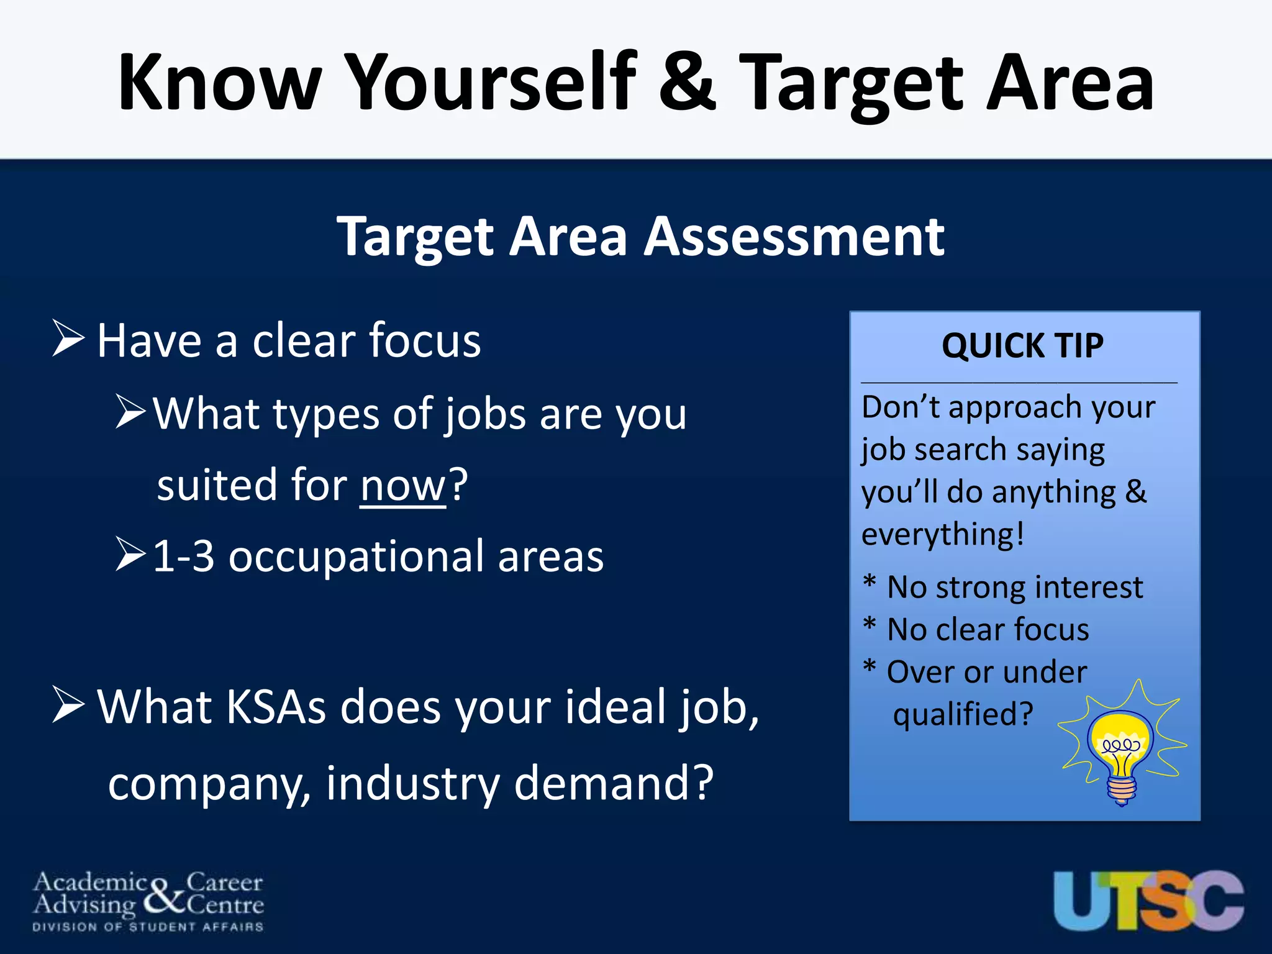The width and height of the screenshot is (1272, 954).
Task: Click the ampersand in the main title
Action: point(687,82)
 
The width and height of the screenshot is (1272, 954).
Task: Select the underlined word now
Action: point(402,485)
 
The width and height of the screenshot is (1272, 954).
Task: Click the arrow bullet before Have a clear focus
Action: point(68,338)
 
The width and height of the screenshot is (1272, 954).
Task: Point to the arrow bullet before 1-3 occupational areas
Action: point(130,555)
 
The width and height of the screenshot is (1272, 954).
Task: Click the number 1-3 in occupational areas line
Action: point(183,556)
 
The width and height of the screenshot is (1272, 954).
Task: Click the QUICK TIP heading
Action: point(1022,346)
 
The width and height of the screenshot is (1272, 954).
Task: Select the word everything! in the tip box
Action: point(942,535)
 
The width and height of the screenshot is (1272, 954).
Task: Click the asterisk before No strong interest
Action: point(870,583)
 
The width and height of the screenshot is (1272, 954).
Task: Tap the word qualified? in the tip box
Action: point(963,714)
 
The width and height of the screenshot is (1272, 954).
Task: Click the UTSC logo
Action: point(1148,900)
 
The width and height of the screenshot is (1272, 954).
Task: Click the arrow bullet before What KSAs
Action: point(68,705)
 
